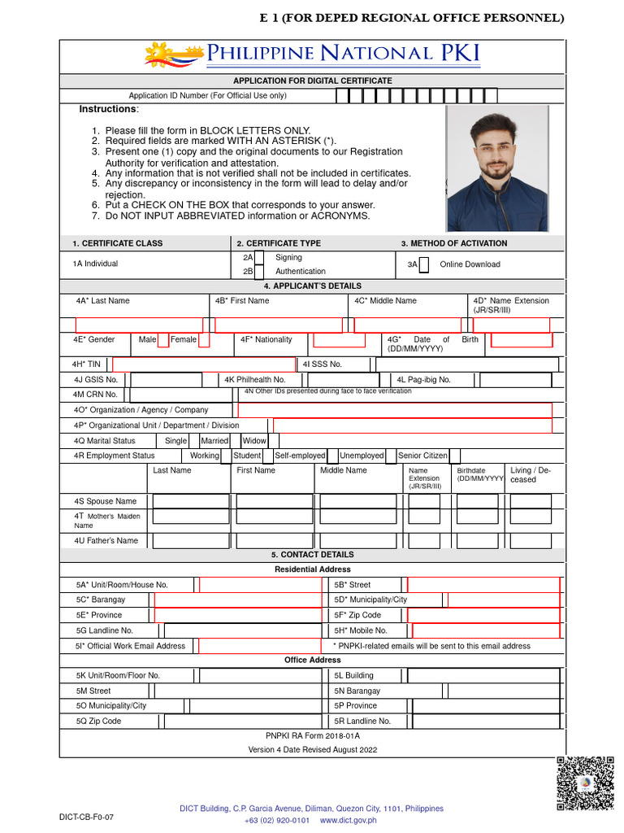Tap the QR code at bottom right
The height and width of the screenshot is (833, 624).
(x=584, y=783)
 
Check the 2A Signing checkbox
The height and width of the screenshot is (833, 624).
(x=259, y=258)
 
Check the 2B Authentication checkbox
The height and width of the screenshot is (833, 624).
(x=259, y=272)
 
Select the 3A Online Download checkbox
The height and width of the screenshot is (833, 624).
(x=424, y=264)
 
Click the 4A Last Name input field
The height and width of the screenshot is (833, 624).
(x=139, y=325)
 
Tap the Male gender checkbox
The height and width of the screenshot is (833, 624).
(x=163, y=340)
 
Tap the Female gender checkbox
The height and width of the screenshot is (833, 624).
(x=204, y=340)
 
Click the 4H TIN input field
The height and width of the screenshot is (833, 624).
(x=203, y=364)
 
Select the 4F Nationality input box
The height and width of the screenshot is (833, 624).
(x=339, y=340)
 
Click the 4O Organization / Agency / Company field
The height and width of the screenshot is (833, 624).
(x=394, y=410)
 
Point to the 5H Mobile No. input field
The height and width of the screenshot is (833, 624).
(x=486, y=630)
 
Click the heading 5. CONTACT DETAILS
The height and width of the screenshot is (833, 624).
(x=312, y=555)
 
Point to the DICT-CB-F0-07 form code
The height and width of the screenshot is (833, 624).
(x=80, y=816)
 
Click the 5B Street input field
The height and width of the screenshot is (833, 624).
(x=483, y=585)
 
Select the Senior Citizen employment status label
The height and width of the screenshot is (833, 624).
(x=422, y=456)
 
